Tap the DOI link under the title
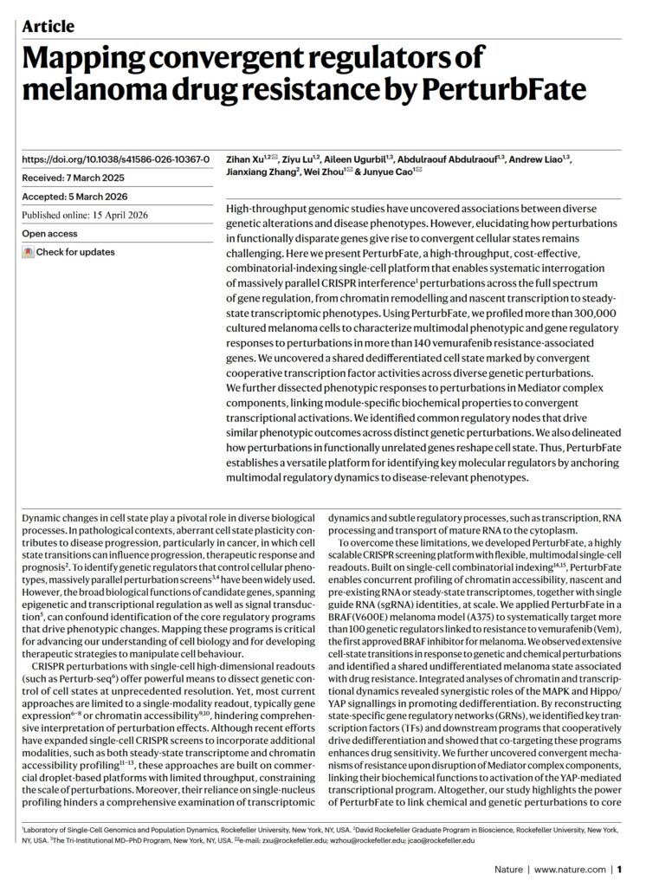[115, 159]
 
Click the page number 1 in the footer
[622, 869]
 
